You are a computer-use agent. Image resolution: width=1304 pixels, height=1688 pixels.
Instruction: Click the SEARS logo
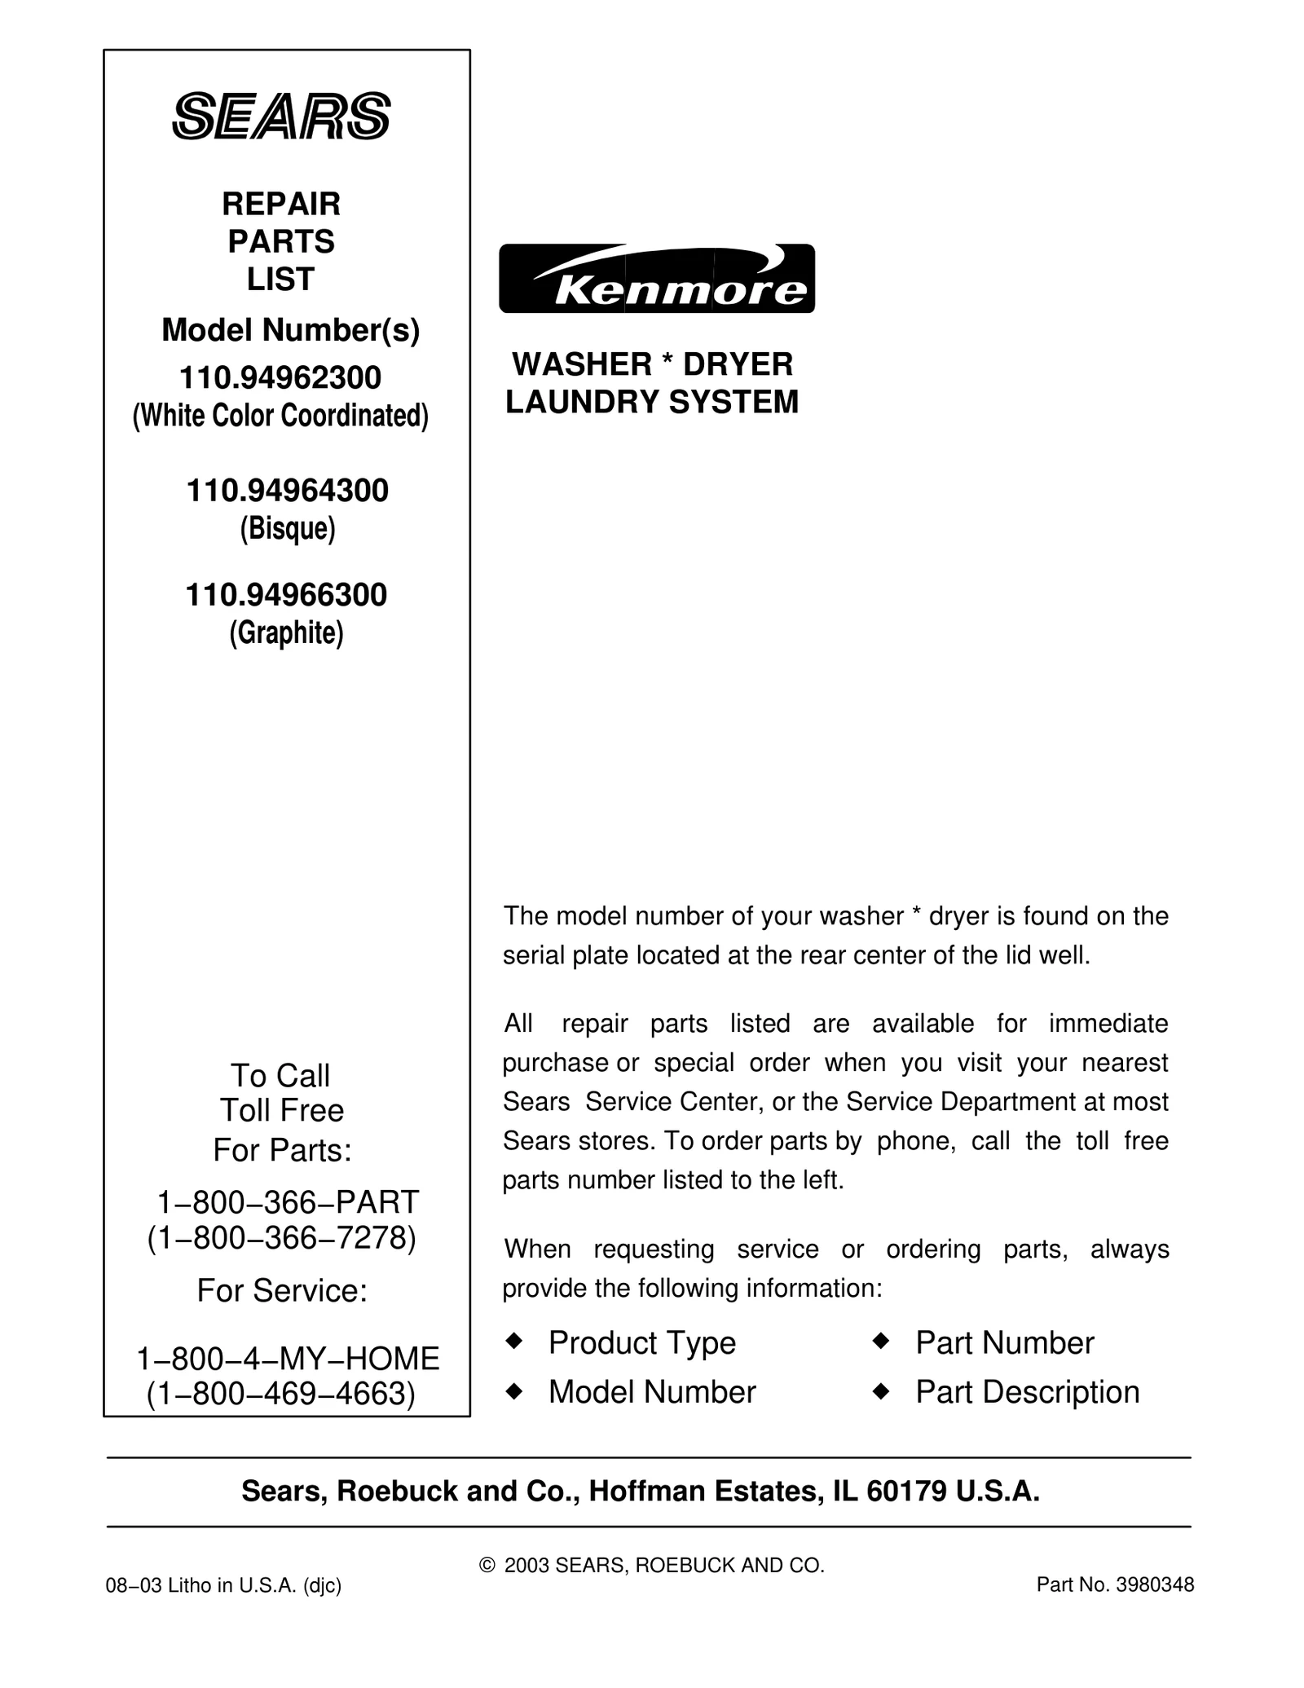(281, 116)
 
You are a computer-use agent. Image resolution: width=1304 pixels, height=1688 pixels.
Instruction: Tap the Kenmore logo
(656, 279)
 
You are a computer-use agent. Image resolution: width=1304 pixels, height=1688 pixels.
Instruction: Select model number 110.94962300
(280, 378)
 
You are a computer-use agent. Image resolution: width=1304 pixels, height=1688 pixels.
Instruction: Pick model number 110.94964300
(287, 491)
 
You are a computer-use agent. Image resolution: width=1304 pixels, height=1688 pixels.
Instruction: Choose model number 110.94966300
(286, 595)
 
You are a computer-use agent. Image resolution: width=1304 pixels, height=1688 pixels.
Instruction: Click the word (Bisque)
(287, 529)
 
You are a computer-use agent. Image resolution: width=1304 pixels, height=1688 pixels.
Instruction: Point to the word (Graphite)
(286, 633)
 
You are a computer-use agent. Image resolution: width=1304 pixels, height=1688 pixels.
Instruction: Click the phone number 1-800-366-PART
(287, 1201)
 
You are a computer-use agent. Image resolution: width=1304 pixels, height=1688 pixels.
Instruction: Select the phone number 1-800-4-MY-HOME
(288, 1358)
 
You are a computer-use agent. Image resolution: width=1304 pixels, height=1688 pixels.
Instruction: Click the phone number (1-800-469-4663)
(281, 1394)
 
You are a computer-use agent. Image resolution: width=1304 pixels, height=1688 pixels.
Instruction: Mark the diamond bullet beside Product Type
(513, 1341)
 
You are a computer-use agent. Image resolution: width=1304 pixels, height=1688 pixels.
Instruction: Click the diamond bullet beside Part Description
(880, 1391)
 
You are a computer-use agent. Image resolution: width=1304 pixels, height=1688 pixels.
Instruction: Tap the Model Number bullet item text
(652, 1392)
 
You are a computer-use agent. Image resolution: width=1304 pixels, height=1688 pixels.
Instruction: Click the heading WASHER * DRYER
(652, 364)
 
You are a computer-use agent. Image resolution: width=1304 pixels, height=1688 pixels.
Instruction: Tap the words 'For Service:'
(282, 1291)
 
